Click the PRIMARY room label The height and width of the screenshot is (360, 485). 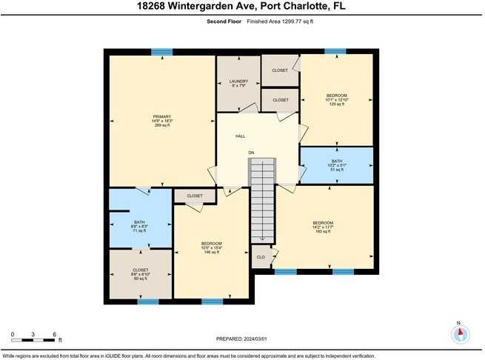[x=162, y=121]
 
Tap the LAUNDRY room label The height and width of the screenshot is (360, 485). [x=238, y=83]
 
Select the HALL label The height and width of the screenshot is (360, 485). [x=240, y=136]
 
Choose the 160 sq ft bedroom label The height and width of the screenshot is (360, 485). [x=322, y=227]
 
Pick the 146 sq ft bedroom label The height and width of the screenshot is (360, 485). [x=212, y=247]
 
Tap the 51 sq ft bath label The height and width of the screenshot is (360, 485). [x=337, y=165]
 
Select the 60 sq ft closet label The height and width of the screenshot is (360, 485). [x=141, y=274]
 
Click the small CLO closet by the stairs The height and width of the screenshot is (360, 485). [x=261, y=257]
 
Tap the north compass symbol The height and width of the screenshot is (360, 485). [x=461, y=333]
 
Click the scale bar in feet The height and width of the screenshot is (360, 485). [x=34, y=335]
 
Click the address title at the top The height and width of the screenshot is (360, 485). [x=242, y=7]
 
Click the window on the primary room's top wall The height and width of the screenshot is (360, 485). [x=161, y=52]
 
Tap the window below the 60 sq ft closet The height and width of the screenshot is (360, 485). [x=148, y=301]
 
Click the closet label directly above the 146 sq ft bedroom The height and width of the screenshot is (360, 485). [x=195, y=196]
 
